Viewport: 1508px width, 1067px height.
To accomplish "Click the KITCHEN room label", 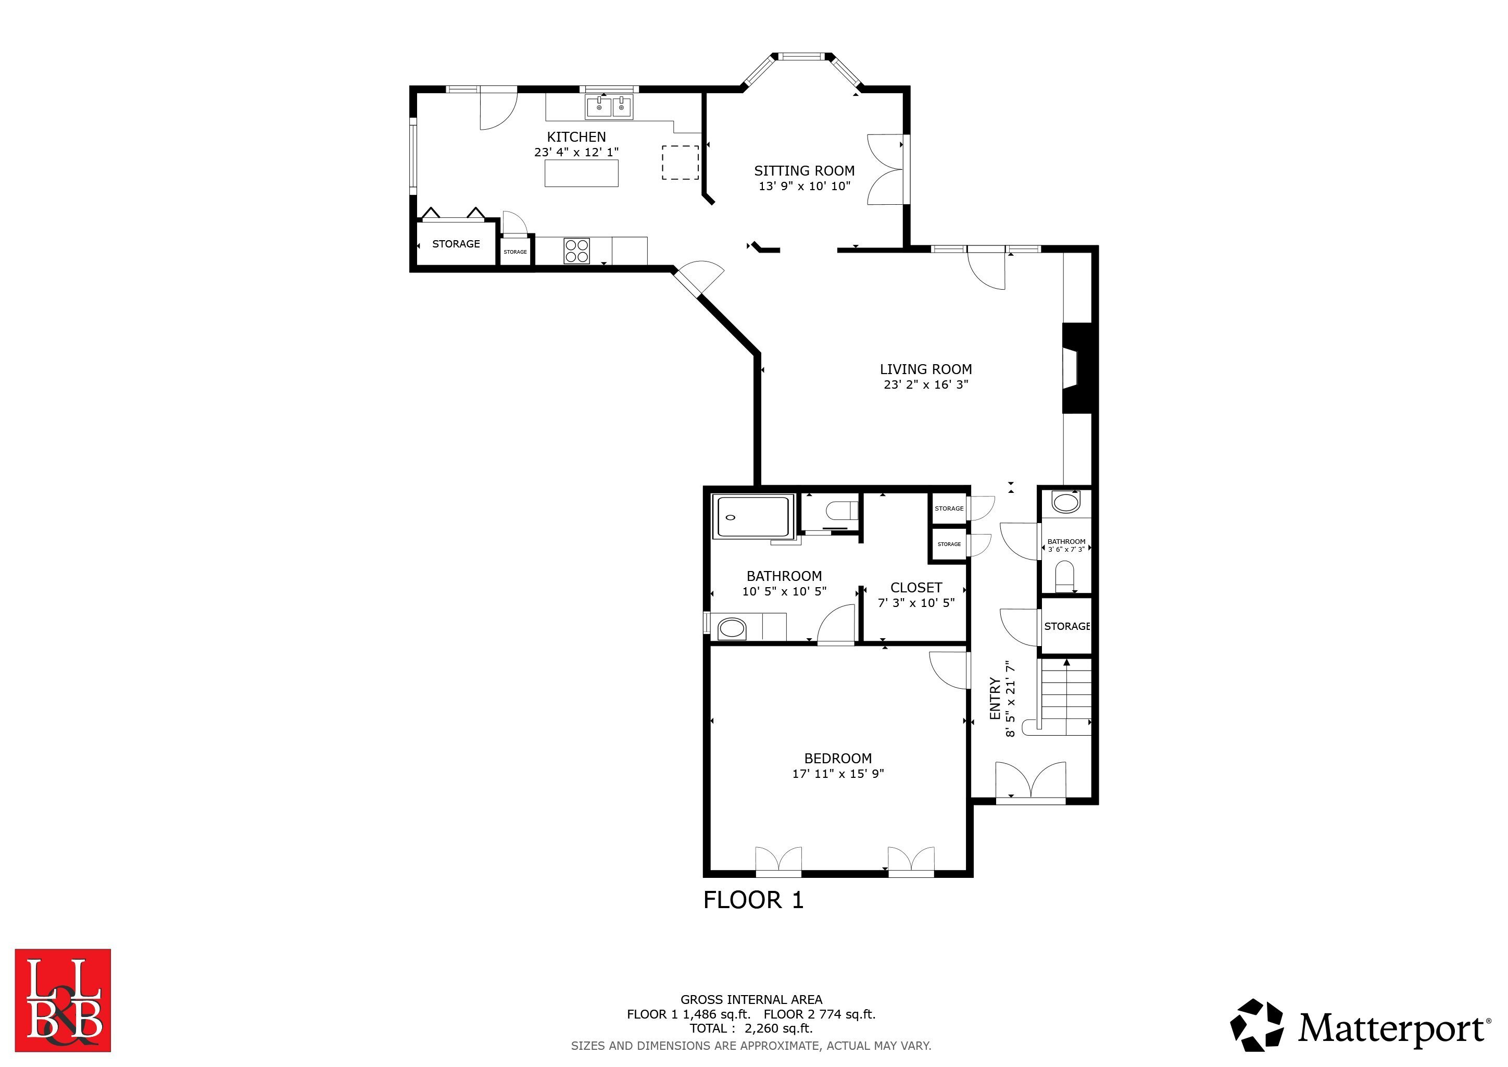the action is (576, 137).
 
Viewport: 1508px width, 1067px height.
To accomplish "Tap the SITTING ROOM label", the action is (804, 171).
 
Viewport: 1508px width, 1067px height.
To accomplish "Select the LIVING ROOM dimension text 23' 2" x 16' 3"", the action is (925, 384).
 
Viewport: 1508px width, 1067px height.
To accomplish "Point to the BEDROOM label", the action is (838, 758).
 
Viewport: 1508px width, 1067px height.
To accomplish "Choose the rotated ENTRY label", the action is (995, 699).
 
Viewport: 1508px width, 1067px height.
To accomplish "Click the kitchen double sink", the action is (610, 106).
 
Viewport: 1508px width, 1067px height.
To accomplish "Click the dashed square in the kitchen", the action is (680, 162).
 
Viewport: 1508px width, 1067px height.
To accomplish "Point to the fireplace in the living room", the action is (1077, 368).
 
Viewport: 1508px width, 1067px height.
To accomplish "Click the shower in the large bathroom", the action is (753, 517).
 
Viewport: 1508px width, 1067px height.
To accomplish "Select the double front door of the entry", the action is (1031, 782).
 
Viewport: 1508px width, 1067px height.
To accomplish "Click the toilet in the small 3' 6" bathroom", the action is (1064, 576).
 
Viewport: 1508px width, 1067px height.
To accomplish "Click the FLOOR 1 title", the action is (753, 899).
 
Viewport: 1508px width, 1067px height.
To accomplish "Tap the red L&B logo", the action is (63, 1000).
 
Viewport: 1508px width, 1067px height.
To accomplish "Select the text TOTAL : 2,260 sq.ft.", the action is (751, 1028).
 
